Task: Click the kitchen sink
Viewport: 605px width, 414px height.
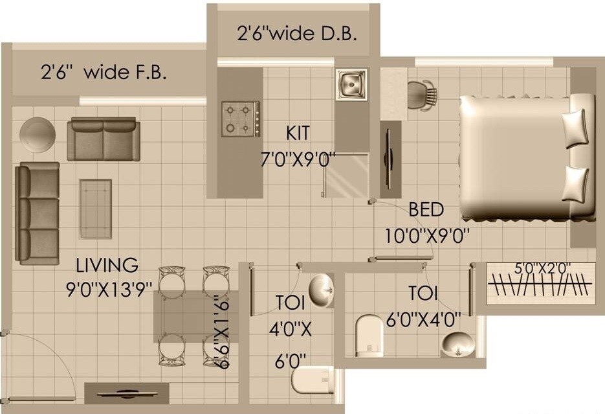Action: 351,84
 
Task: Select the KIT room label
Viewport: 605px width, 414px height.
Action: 298,134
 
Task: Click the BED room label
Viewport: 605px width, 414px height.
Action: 426,210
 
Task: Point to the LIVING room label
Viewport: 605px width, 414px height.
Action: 107,265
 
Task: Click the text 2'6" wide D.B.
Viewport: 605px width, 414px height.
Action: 297,34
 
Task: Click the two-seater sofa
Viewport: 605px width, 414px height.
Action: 104,139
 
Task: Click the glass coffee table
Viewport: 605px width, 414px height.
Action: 95,209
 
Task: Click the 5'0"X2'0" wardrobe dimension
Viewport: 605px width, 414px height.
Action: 542,267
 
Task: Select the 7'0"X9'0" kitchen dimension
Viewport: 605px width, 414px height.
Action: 297,159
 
